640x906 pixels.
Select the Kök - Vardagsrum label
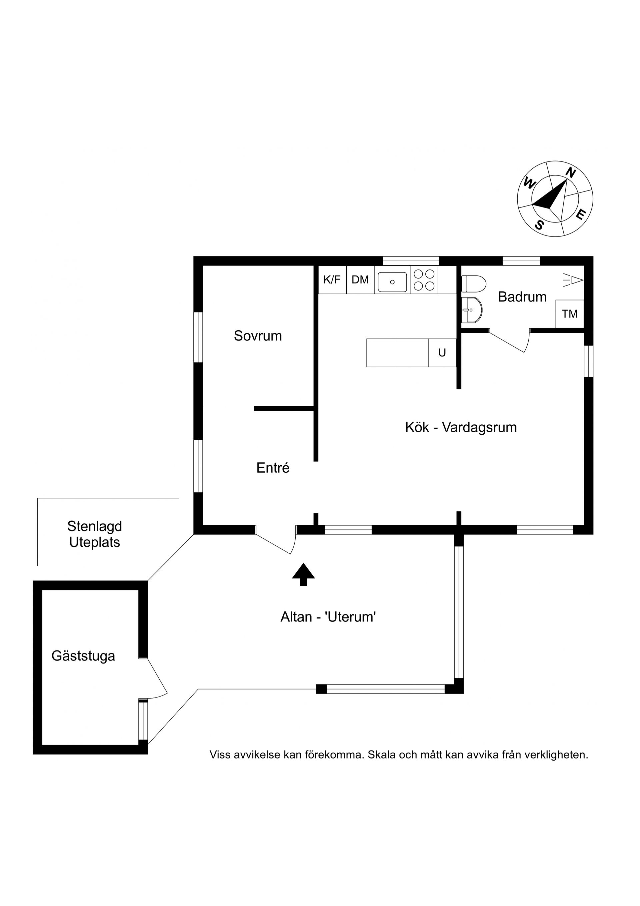click(x=461, y=427)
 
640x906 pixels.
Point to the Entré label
click(x=273, y=468)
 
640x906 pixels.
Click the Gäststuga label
click(x=83, y=656)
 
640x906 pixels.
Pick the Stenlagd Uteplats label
click(x=95, y=534)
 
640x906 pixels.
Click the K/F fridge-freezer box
click(x=332, y=280)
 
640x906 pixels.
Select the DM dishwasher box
click(x=360, y=280)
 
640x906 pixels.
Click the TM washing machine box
click(x=570, y=314)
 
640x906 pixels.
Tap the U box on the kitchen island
click(x=442, y=353)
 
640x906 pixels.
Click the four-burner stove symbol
click(x=424, y=280)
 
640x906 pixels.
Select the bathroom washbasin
click(x=472, y=310)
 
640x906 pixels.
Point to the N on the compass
click(x=571, y=173)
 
